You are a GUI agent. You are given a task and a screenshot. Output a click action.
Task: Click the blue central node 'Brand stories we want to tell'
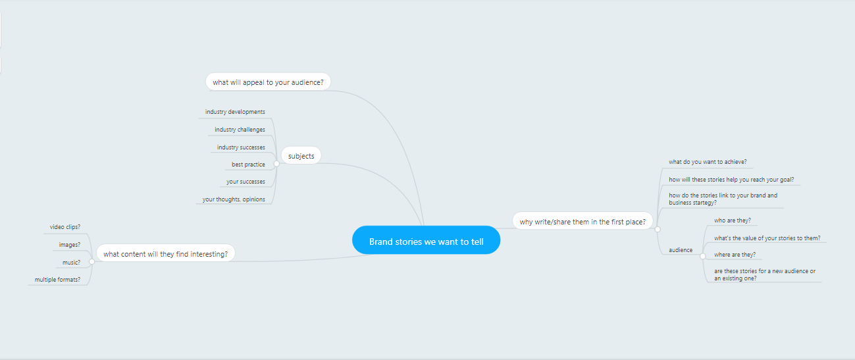point(426,242)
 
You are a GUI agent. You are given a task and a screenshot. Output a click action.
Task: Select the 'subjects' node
point(301,156)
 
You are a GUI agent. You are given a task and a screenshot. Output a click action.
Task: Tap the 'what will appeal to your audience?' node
point(268,82)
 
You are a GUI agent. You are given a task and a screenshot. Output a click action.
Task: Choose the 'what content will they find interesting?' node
point(165,253)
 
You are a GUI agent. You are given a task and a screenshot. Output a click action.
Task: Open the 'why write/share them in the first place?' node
point(583,222)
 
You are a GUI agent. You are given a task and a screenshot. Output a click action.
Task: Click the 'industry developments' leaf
point(235,112)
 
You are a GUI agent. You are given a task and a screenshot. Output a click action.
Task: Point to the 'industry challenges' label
point(240,130)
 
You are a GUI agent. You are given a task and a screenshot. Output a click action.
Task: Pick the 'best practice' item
point(248,165)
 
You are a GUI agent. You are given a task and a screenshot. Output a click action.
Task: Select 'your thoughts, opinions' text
point(234,199)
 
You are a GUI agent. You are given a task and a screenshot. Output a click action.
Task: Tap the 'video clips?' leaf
point(65,227)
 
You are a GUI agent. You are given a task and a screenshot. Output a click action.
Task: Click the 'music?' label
point(71,263)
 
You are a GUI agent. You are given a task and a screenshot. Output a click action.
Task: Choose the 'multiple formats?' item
point(57,280)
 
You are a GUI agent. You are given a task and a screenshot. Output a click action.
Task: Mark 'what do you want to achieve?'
point(708,162)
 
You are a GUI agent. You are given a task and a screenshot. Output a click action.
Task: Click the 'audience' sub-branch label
point(681,250)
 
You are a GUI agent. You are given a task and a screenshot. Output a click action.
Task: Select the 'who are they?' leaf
point(733,220)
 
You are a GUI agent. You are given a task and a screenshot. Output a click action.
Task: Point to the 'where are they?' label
point(735,255)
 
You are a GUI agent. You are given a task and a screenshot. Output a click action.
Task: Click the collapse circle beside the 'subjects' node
point(276,163)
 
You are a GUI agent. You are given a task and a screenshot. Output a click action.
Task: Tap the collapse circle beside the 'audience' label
point(703,255)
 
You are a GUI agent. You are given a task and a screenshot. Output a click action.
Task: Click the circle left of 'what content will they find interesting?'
point(91,261)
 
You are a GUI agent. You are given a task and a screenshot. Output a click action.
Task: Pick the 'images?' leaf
point(70,245)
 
